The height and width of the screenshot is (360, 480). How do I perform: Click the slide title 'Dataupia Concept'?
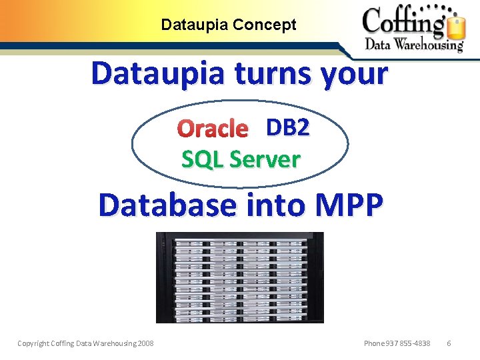pyautogui.click(x=229, y=25)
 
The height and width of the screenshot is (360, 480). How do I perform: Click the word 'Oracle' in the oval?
pyautogui.click(x=213, y=128)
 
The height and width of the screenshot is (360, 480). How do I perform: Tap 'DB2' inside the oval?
pyautogui.click(x=287, y=127)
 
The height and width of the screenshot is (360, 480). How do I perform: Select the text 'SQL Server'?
pyautogui.click(x=241, y=159)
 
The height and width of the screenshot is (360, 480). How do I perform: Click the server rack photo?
pyautogui.click(x=239, y=277)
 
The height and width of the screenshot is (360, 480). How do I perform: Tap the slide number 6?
pyautogui.click(x=449, y=343)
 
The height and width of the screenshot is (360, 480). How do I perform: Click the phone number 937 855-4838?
pyautogui.click(x=407, y=343)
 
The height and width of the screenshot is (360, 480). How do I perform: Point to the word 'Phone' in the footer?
pyautogui.click(x=374, y=343)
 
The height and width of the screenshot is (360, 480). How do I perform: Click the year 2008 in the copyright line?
pyautogui.click(x=144, y=343)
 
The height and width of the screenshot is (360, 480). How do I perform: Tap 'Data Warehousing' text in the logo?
pyautogui.click(x=413, y=45)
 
